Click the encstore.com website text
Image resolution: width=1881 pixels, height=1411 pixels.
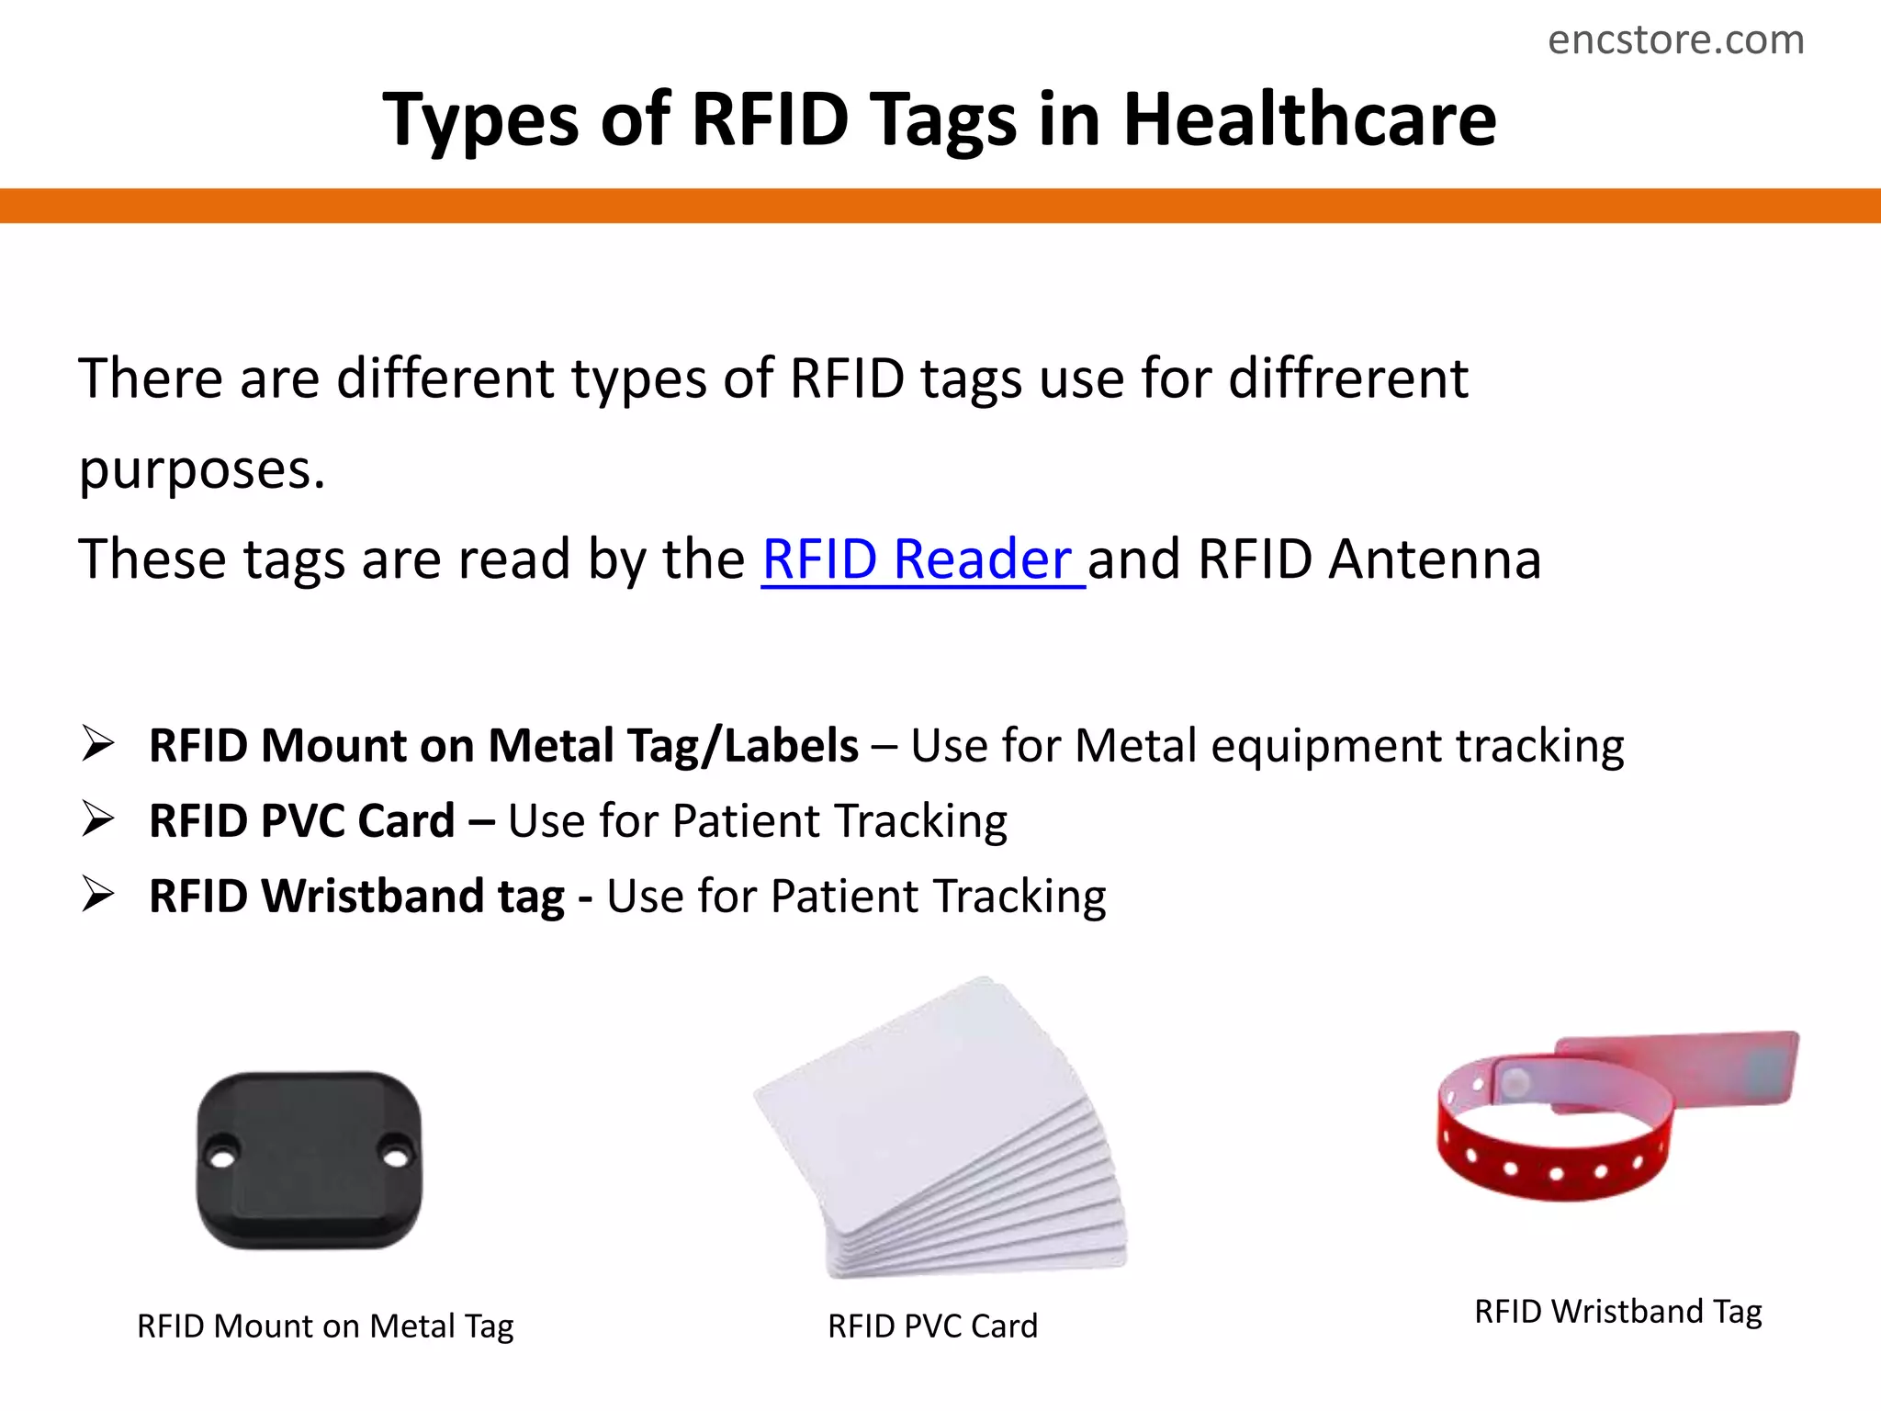1675,40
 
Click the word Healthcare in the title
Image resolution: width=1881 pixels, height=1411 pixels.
1310,119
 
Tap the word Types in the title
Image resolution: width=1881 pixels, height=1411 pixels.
479,121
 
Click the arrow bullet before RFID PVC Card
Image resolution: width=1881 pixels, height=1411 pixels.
97,818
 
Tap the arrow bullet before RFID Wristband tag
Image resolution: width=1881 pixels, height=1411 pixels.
97,894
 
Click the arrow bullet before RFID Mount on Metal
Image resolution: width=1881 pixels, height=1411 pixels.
97,743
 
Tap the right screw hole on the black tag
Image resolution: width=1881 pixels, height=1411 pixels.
397,1157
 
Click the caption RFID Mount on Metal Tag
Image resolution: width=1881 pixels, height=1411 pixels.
325,1326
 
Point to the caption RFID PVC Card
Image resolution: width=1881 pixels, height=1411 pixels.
932,1326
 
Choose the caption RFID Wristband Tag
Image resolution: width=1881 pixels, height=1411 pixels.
1617,1311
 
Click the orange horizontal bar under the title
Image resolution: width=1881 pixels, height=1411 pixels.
940,205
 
